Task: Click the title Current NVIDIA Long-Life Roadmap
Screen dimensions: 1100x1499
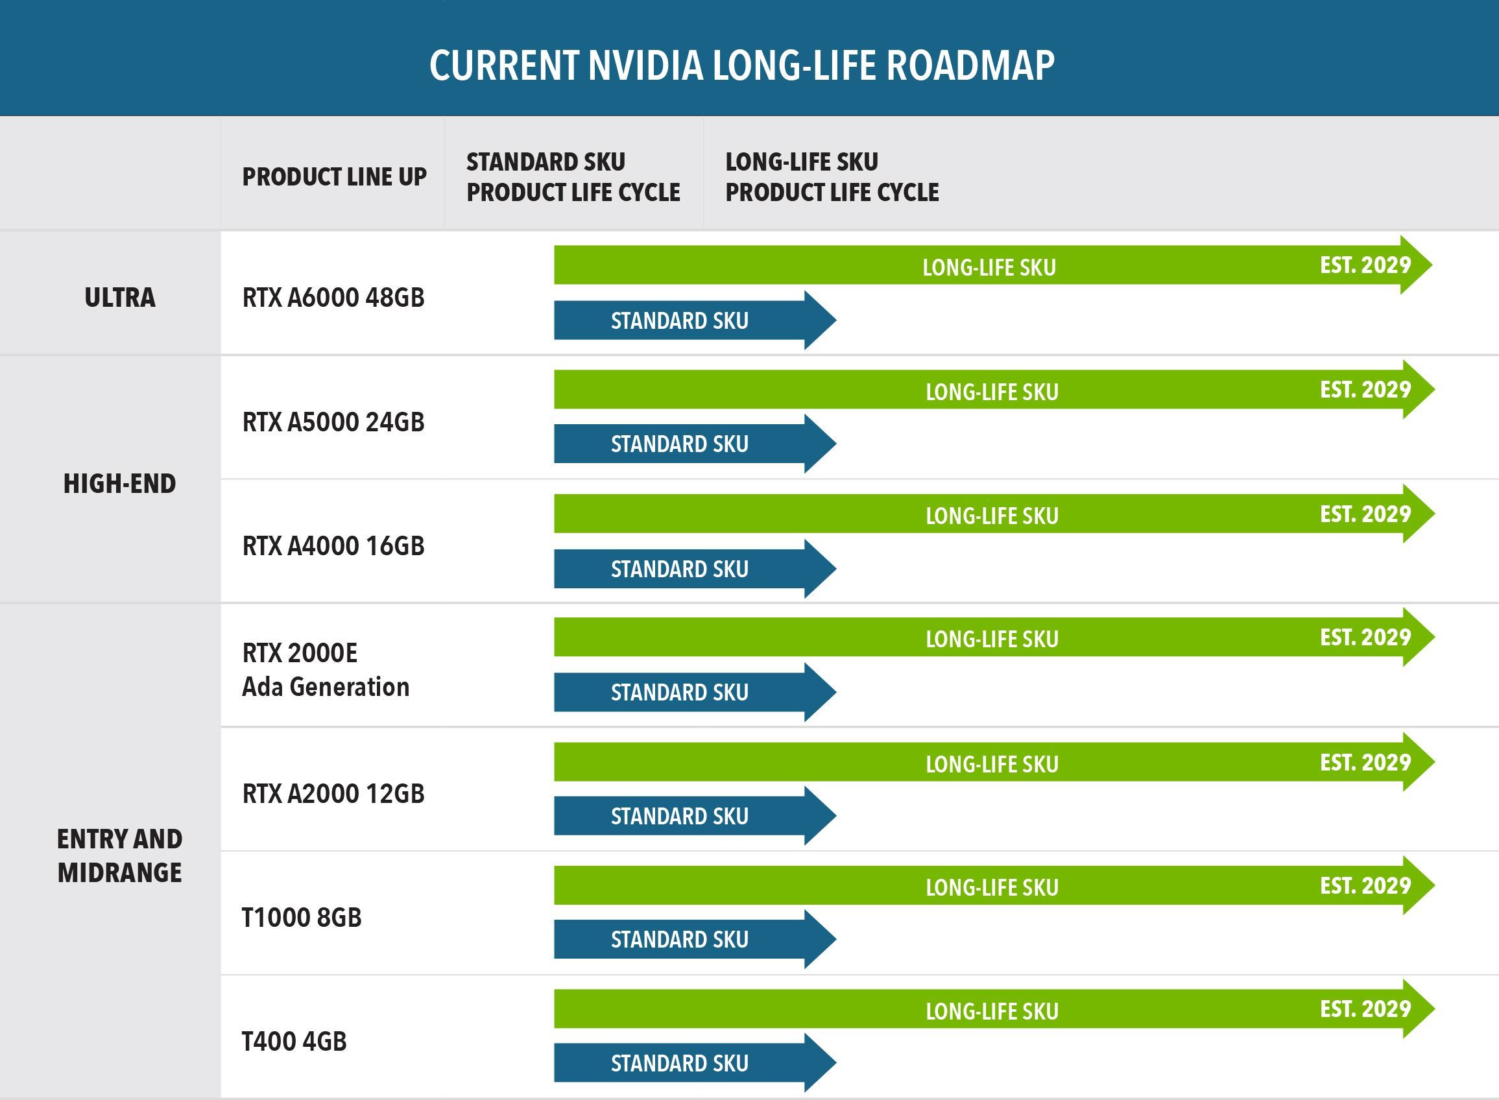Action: (742, 66)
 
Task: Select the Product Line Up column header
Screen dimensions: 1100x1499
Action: (334, 177)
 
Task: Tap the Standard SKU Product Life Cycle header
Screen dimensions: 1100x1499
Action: (573, 177)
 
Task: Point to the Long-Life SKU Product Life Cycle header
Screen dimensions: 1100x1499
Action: (832, 177)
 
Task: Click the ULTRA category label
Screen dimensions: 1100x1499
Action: (120, 298)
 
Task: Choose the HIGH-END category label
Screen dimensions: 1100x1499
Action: (120, 484)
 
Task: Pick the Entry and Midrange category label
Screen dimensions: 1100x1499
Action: (120, 855)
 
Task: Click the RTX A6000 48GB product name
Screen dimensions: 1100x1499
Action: (333, 298)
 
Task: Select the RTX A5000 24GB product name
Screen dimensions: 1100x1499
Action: (333, 422)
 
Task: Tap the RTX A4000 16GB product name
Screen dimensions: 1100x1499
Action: (333, 546)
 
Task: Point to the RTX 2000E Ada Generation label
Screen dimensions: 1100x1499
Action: (326, 670)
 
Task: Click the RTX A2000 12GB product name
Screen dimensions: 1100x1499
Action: (333, 794)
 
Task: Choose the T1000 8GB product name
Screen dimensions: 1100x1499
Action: (302, 918)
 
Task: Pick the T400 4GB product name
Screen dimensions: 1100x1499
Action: (294, 1042)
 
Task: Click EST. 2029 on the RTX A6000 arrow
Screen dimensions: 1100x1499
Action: (1365, 265)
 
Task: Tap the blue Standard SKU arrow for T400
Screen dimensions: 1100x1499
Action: (680, 1064)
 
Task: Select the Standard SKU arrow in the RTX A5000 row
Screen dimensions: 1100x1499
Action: (680, 444)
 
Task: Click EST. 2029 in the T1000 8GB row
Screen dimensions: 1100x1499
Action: (1365, 885)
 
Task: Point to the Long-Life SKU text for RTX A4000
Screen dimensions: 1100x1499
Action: (992, 516)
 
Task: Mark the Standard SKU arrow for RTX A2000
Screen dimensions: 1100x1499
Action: (680, 817)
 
